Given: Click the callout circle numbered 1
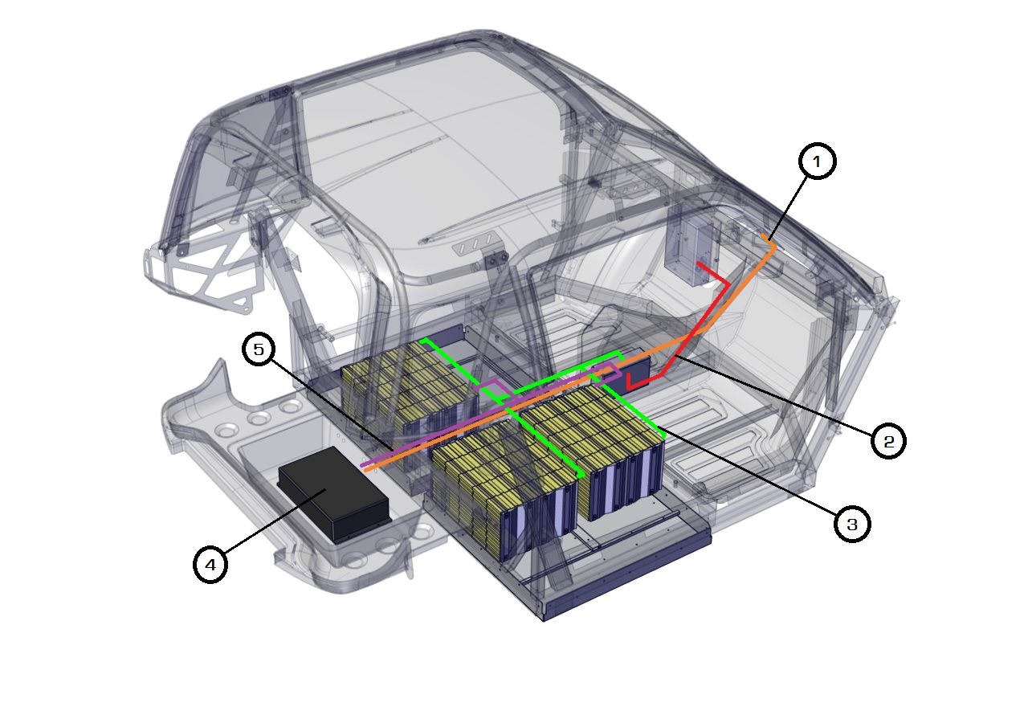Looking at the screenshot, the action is click(817, 161).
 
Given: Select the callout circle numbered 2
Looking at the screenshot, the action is click(888, 441).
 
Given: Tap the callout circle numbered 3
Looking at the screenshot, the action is click(852, 524).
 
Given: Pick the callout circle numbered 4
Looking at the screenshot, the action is click(210, 565).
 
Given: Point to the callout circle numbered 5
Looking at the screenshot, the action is click(259, 349).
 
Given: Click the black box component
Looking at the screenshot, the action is click(333, 495).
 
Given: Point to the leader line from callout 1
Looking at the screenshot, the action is click(788, 207).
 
